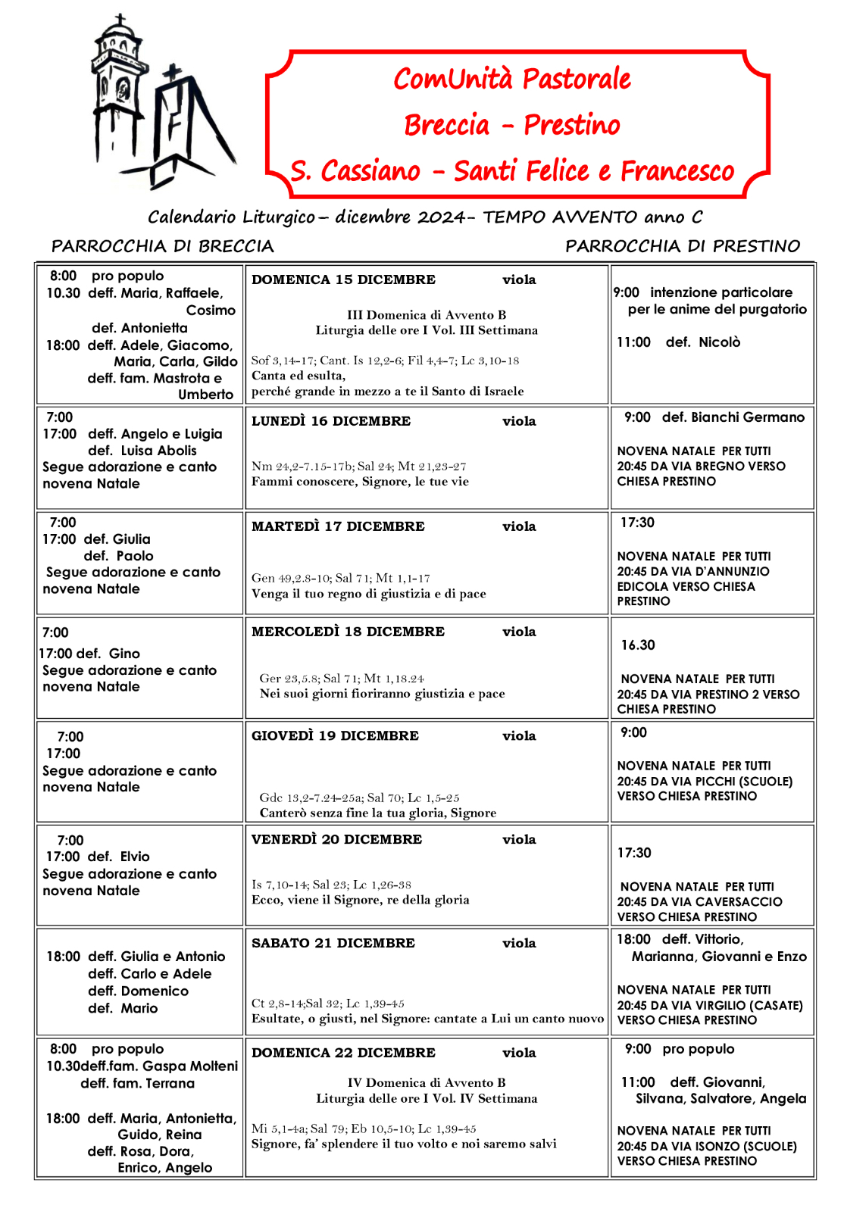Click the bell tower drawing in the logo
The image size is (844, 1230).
tap(119, 91)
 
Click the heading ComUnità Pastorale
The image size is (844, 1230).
tap(512, 79)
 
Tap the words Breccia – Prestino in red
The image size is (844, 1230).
tap(512, 125)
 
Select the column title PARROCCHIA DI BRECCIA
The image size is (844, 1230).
tap(162, 246)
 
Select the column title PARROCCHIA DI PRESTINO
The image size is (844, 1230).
tap(682, 246)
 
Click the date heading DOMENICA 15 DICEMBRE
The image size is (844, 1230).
tap(343, 279)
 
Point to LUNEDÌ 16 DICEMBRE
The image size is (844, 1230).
tap(331, 421)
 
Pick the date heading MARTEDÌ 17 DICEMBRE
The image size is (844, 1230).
tap(338, 526)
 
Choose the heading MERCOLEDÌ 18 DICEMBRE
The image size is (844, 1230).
tap(348, 632)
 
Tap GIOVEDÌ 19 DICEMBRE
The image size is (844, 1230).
tap(335, 735)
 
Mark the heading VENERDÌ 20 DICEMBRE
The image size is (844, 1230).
tap(336, 839)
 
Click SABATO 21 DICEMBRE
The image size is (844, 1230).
tap(333, 943)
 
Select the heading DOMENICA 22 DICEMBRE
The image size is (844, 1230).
tap(343, 1053)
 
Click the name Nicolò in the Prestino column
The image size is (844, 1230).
tap(719, 342)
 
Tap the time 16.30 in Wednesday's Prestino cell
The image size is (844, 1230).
tap(638, 645)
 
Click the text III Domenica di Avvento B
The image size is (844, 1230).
tap(427, 315)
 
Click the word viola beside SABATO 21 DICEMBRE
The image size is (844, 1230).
tap(519, 943)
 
